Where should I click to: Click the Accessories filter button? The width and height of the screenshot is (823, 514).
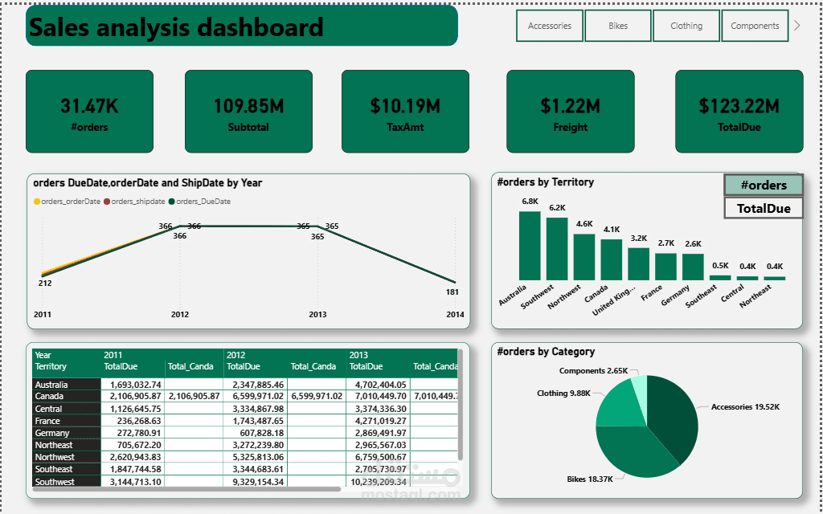550,26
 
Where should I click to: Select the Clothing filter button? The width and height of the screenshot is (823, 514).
686,26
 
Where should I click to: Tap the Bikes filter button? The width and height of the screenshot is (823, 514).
618,26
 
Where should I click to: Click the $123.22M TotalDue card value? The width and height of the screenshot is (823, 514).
739,106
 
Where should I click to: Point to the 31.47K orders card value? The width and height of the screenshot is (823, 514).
89,106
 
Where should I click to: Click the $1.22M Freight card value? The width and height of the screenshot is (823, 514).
570,106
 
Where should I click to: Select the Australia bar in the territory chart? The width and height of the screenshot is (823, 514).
530,245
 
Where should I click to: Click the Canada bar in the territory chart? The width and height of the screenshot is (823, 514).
612,259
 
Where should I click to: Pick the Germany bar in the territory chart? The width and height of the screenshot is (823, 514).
693,266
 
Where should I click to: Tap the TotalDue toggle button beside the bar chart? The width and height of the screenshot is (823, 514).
764,208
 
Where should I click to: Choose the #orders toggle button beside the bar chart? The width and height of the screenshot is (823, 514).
764,185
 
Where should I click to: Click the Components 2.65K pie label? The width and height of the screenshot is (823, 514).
593,371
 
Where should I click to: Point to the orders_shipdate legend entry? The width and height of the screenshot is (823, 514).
137,202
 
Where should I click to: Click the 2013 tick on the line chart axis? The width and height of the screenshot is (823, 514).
317,314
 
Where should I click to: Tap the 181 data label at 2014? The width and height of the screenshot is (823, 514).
452,292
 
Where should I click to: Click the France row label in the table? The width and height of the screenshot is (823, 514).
47,421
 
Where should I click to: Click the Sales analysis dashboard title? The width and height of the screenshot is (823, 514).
176,27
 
